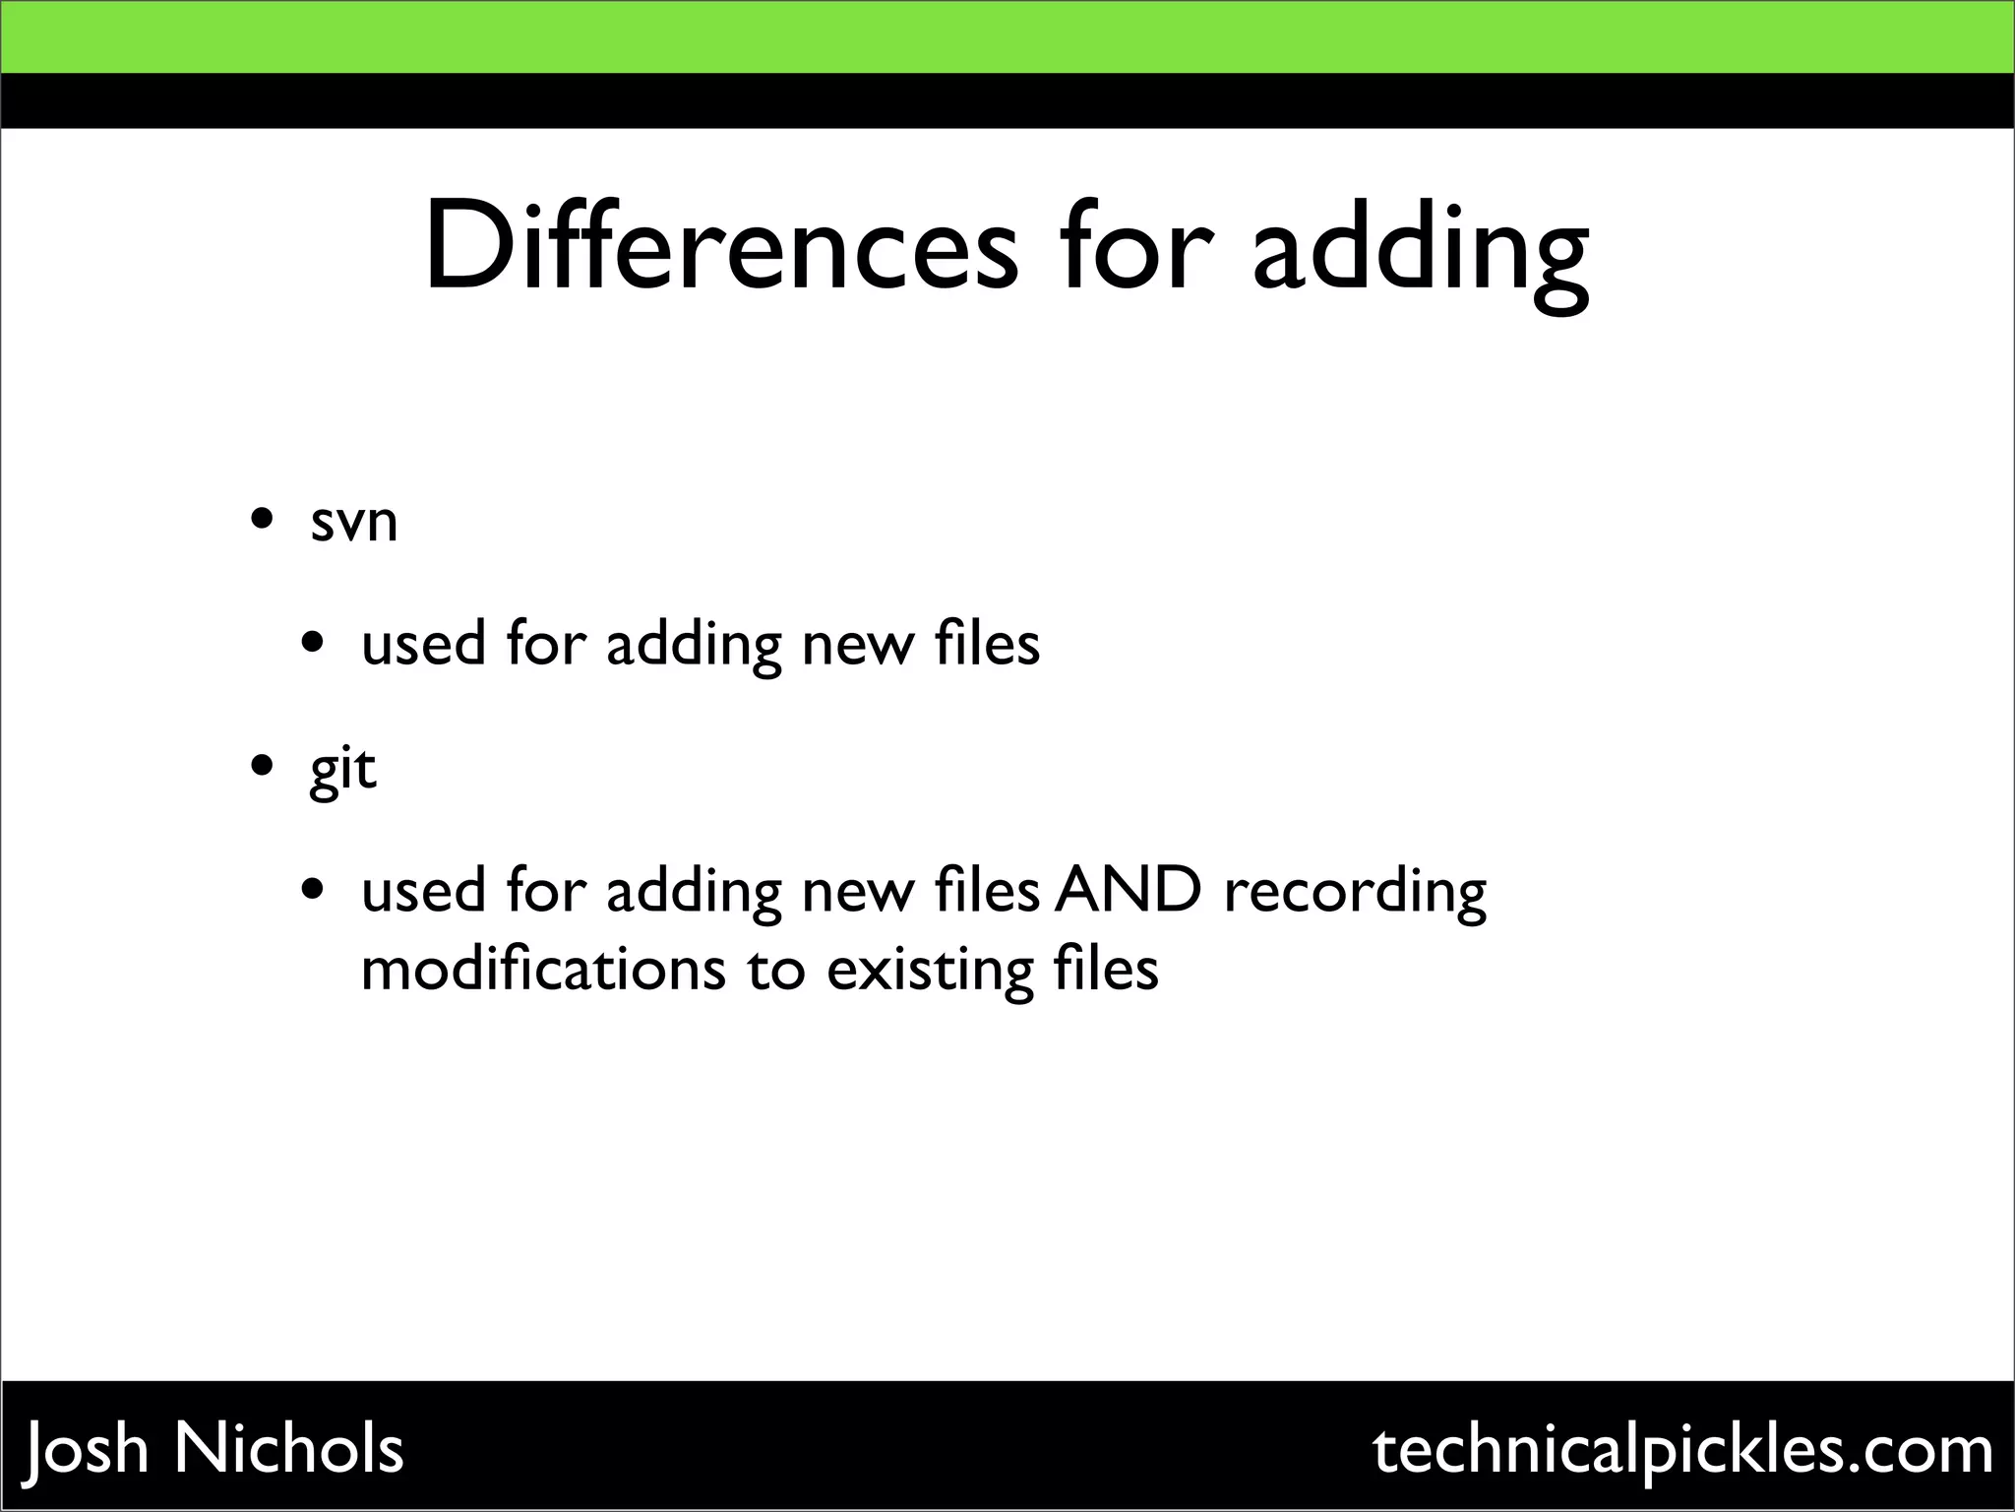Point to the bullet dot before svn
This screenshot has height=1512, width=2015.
262,519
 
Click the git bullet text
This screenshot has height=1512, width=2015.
342,769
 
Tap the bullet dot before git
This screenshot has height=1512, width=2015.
262,765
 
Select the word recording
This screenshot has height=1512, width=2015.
1355,891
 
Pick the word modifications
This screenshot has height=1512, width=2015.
543,970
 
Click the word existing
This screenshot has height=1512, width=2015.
930,970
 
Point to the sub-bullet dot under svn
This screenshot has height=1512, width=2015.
313,645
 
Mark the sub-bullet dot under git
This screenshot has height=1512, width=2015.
313,891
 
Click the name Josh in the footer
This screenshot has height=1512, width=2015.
88,1450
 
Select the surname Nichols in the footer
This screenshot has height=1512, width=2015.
289,1448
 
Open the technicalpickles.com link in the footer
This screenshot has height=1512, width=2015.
1682,1450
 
